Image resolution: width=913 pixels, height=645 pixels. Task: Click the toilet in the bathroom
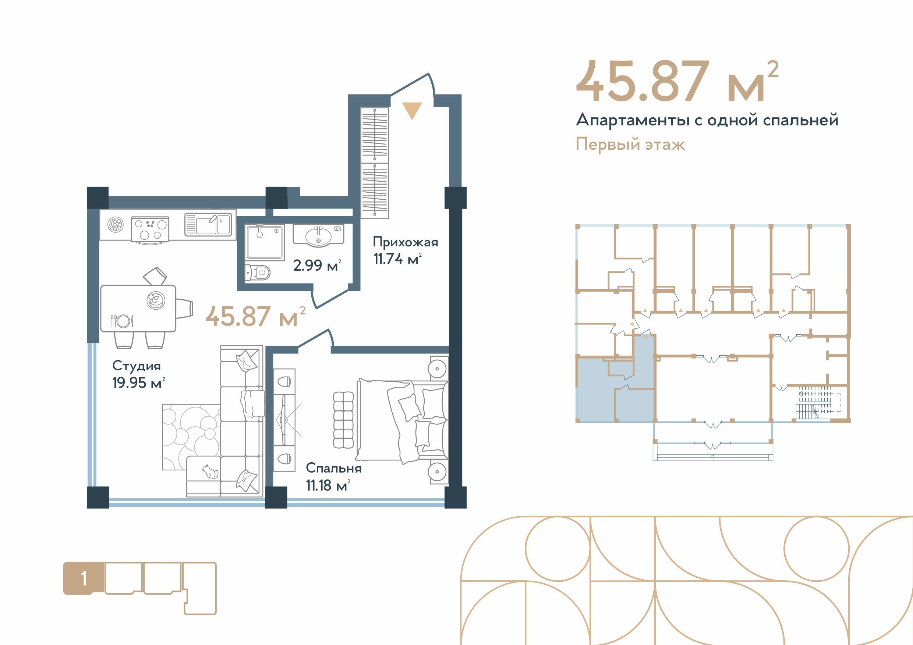point(258,272)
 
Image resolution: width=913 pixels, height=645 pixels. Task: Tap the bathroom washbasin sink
point(319,235)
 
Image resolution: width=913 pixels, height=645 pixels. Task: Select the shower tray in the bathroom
point(265,242)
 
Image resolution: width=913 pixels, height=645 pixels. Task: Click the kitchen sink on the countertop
point(208,225)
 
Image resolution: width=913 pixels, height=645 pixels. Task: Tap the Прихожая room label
point(405,242)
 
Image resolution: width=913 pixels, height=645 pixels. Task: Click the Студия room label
point(137,366)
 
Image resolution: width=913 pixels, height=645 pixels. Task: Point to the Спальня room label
point(334,468)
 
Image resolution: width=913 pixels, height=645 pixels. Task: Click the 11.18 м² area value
point(328,485)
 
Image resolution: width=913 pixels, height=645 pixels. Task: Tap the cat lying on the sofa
point(210,472)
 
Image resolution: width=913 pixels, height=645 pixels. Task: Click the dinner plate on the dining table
point(123,321)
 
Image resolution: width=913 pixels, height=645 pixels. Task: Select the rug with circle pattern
point(191,437)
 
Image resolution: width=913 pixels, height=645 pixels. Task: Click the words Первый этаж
point(630,144)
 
